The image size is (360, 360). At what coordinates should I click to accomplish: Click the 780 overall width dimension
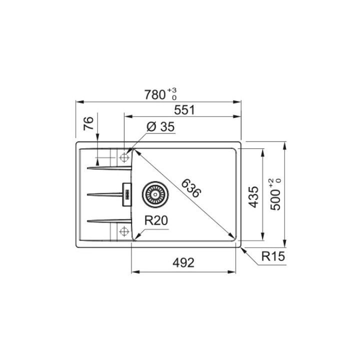(x=154, y=94)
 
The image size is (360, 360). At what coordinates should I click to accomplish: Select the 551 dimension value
(x=184, y=109)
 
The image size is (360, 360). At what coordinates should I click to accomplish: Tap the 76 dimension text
(x=88, y=123)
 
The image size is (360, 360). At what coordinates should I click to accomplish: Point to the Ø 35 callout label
(x=160, y=126)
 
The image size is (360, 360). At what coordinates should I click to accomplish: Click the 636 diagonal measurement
(x=191, y=188)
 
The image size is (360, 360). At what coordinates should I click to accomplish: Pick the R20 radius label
(x=156, y=220)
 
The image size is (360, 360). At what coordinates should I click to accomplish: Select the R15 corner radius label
(x=273, y=256)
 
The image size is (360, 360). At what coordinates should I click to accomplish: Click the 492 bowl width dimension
(x=183, y=262)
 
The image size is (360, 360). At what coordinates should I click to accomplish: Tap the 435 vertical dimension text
(x=253, y=197)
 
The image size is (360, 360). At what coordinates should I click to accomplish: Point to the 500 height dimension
(x=275, y=199)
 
